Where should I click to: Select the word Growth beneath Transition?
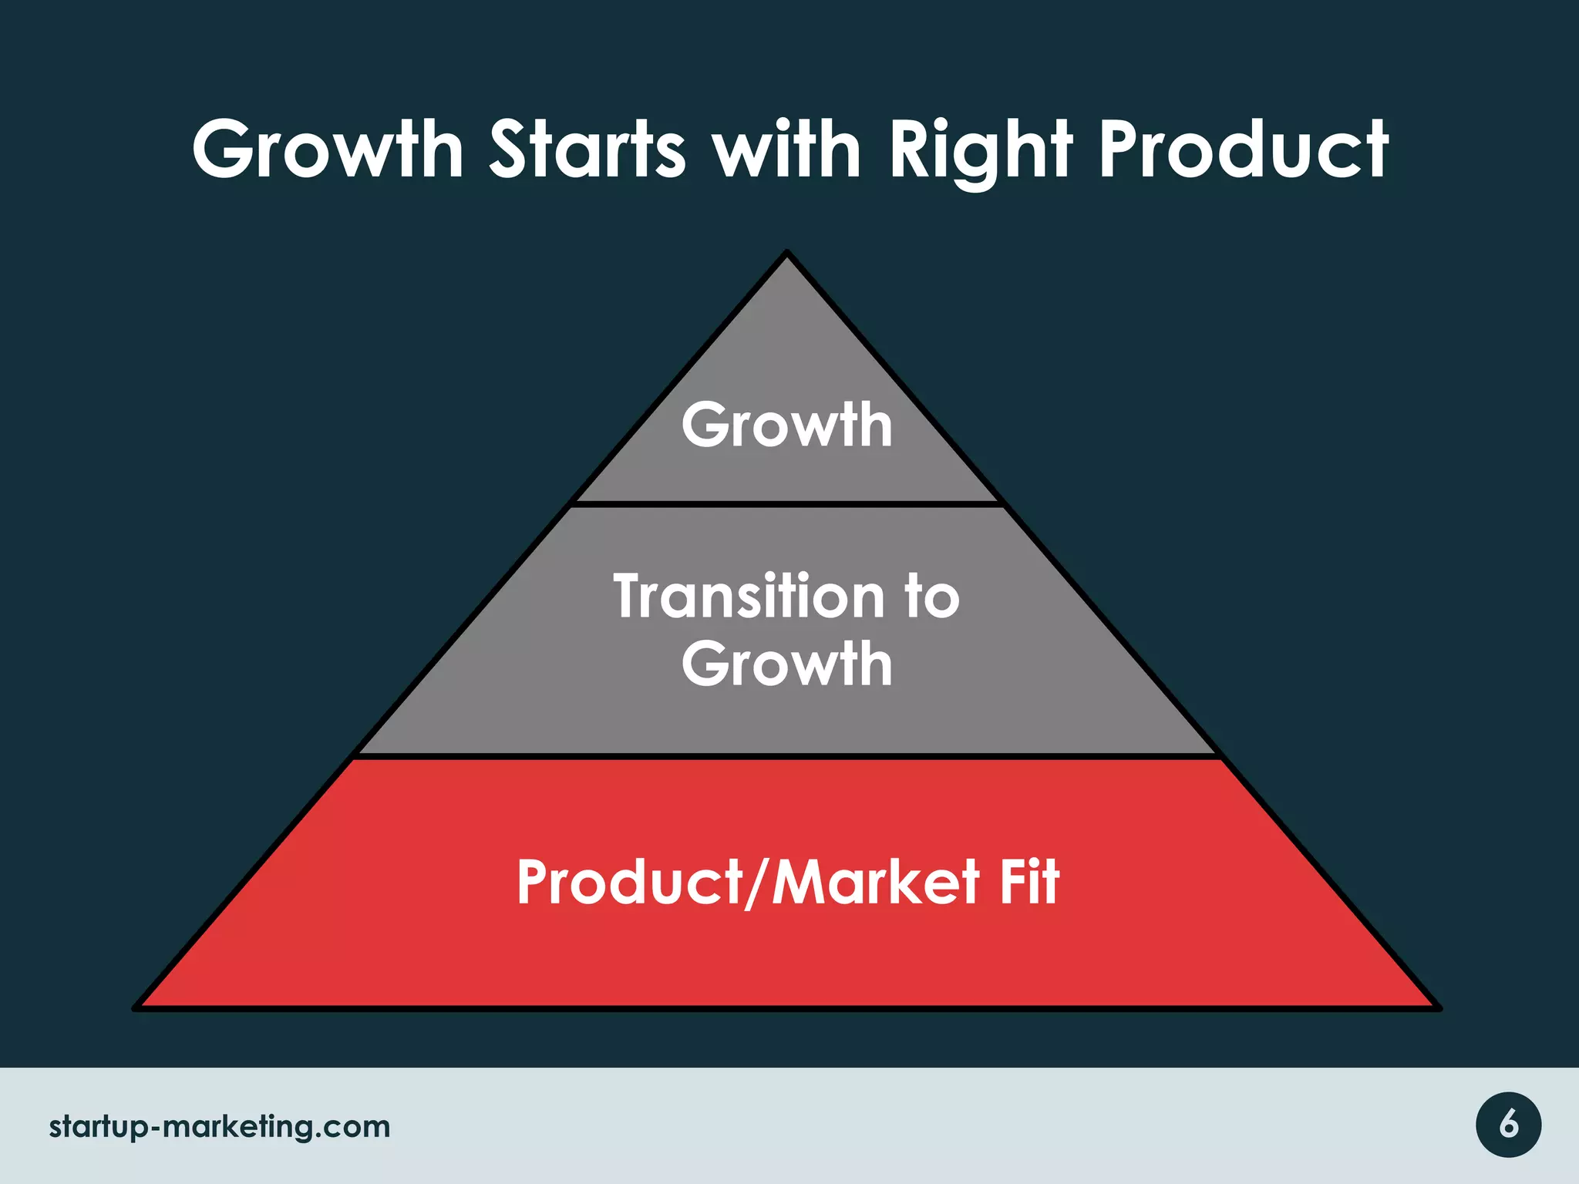[787, 664]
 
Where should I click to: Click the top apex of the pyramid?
[786, 253]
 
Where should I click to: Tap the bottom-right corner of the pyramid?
[1437, 1007]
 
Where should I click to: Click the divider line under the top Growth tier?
[786, 504]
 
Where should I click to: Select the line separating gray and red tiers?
[786, 757]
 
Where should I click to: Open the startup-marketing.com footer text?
[220, 1127]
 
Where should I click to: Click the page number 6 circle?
[1508, 1125]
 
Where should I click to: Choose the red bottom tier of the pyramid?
[786, 956]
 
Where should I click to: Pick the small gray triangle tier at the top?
[786, 355]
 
